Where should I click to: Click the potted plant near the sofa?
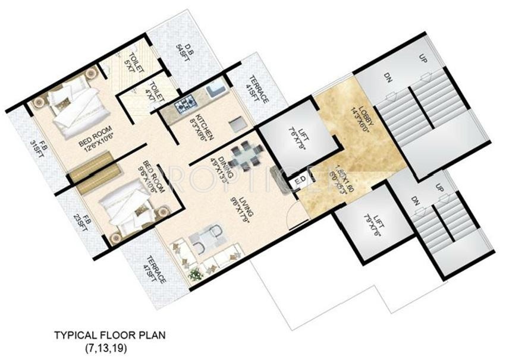[194, 274]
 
